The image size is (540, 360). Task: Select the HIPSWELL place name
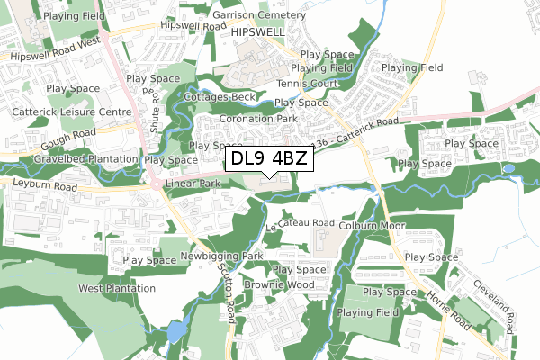(258, 31)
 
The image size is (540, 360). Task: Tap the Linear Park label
(193, 184)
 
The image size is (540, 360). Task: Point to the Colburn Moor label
(363, 226)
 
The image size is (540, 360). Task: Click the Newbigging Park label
(220, 256)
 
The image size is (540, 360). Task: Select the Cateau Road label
(305, 222)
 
